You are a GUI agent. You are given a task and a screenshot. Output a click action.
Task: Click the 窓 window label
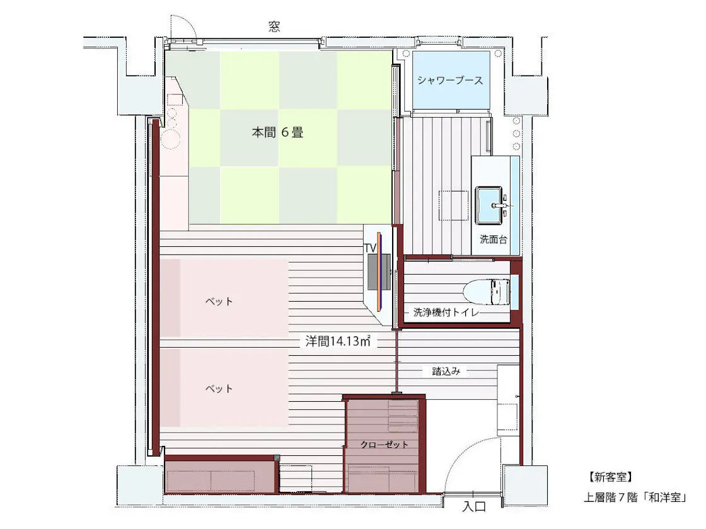click(274, 27)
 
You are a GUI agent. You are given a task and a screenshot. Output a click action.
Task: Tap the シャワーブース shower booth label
click(450, 81)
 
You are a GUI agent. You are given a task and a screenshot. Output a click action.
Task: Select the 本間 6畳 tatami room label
click(277, 132)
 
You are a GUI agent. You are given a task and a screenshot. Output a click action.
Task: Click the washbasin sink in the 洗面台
click(489, 205)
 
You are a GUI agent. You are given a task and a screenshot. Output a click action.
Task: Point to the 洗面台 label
click(493, 239)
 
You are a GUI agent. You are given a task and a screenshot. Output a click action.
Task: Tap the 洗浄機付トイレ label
click(446, 312)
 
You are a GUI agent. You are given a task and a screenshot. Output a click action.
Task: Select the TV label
click(370, 248)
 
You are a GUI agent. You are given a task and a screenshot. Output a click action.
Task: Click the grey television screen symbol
click(379, 271)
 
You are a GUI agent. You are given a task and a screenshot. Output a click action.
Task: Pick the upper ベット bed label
click(219, 301)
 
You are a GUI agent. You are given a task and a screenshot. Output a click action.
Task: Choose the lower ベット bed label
click(219, 388)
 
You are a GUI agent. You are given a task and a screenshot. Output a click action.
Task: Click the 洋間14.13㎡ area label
click(338, 341)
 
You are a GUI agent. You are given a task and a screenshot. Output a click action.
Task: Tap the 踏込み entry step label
click(446, 371)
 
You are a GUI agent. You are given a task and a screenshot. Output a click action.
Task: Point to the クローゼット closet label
click(384, 445)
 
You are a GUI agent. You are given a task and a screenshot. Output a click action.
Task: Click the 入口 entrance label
click(474, 506)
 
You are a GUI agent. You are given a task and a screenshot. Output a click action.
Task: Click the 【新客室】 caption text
click(610, 477)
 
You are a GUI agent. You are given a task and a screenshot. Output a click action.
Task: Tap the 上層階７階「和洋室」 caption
click(636, 497)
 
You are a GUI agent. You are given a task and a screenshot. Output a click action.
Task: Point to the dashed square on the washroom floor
click(453, 205)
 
